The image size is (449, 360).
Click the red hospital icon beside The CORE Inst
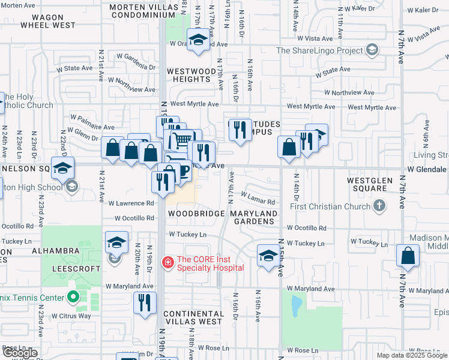168,262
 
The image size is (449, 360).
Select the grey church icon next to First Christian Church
379,206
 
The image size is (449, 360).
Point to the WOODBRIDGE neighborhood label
196,214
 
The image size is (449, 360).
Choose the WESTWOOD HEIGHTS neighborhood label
191,75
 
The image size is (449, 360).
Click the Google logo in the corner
20,353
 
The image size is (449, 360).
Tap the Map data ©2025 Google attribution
411,355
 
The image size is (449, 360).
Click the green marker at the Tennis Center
73,296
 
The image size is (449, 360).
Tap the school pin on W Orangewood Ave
196,40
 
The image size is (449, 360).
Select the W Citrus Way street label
71,316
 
